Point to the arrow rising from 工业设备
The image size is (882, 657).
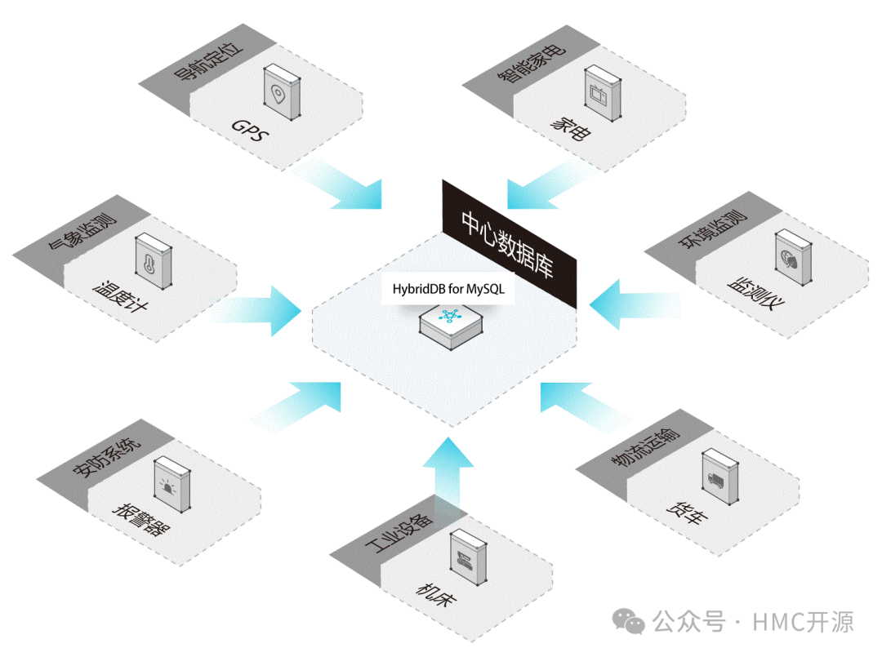click(x=448, y=473)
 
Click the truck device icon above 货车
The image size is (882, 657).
click(x=718, y=482)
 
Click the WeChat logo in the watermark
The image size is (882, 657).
click(x=630, y=624)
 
